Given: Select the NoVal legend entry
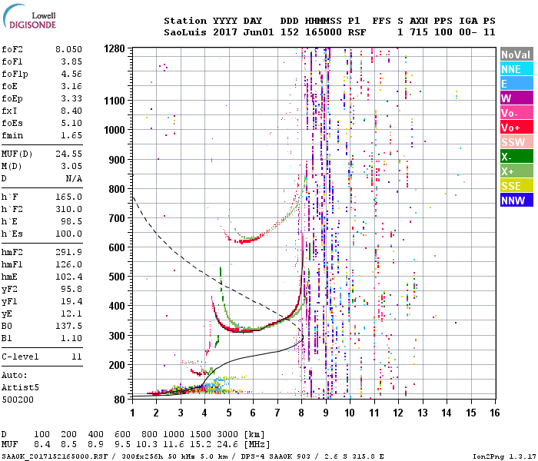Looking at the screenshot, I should (x=516, y=55).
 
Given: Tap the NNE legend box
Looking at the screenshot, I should (x=516, y=69).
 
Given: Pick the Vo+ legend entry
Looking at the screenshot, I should (x=516, y=128).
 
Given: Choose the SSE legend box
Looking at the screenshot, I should (x=516, y=186).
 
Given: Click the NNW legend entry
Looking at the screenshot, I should (x=516, y=201).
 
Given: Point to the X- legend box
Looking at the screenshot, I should (x=516, y=157).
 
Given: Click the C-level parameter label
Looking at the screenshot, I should (x=21, y=357).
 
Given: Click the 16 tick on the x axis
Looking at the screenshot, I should (x=495, y=413).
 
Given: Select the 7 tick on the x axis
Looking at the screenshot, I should (x=277, y=413).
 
